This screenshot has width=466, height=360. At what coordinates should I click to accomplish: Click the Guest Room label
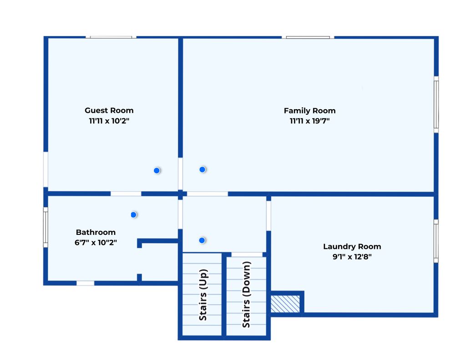coord(109,111)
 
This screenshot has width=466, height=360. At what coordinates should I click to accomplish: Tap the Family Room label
coord(309,111)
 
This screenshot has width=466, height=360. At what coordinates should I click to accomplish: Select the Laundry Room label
coord(352,246)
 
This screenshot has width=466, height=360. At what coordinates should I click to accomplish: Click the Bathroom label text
coord(96,232)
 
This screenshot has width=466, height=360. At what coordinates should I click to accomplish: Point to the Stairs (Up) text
coord(203,295)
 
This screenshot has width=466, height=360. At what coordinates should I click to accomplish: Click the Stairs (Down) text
coord(246,294)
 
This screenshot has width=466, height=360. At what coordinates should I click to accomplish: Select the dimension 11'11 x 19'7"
coord(309,121)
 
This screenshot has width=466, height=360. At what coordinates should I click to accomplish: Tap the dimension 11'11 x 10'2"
coord(109,121)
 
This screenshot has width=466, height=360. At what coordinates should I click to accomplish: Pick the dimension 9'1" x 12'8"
coord(352,257)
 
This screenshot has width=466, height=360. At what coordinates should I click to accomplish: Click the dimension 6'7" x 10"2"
coord(96,243)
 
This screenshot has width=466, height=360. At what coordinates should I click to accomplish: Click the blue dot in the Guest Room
coord(157,171)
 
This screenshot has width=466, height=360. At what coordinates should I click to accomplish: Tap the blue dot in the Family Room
coord(203,169)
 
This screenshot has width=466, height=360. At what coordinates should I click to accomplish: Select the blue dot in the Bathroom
coord(133,215)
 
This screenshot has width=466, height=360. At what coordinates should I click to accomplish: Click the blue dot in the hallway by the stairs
coord(202,240)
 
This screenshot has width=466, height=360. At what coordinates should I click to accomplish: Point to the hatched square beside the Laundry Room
coord(285,304)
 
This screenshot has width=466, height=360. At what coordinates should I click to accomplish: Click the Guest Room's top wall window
coord(111,37)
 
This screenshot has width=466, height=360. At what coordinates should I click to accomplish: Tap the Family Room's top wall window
coord(308,37)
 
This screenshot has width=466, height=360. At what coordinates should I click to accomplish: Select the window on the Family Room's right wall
coord(436,105)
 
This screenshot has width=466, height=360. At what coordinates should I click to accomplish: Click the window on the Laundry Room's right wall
coord(436,241)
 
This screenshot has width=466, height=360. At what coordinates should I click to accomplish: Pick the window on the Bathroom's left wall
coord(46,228)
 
